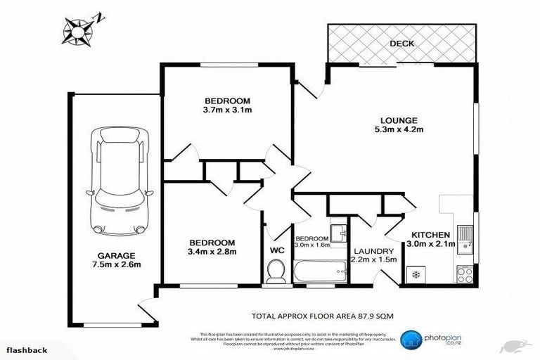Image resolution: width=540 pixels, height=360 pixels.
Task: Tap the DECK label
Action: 402,44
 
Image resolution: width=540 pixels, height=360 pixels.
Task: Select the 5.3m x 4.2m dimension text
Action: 398,129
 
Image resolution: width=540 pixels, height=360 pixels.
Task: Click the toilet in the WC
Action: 276,270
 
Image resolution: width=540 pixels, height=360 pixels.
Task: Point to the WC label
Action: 276,248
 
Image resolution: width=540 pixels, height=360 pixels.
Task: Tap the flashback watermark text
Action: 28,349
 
